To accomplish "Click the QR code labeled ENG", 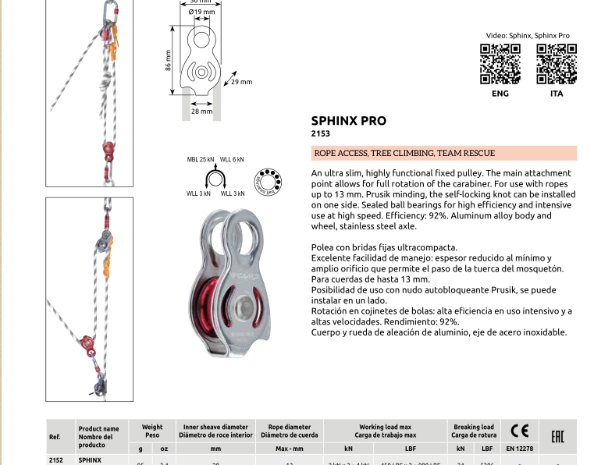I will tap(500, 64).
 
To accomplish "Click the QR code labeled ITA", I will tap(557, 64).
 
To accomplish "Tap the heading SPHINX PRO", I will tap(348, 121).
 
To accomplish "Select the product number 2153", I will tap(320, 134).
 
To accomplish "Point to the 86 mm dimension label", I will tap(168, 61).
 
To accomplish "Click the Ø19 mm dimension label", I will tap(202, 12).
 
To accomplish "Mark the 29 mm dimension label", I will tap(242, 82).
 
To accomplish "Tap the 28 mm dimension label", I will tap(201, 112).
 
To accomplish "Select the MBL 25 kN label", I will tap(201, 159).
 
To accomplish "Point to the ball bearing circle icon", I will tap(268, 181).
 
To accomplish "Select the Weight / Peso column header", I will tap(152, 431).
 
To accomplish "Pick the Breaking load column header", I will tap(474, 431).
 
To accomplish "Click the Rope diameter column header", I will tap(290, 431).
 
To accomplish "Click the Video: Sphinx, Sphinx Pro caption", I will tap(528, 36).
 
